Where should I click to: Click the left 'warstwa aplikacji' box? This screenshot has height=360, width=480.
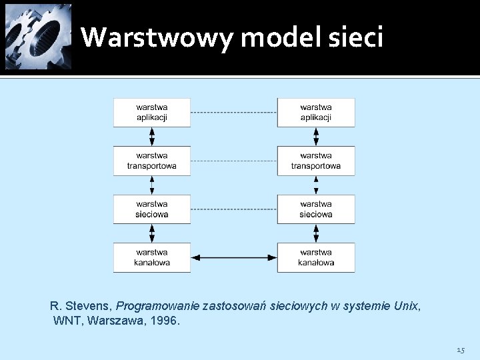(152, 112)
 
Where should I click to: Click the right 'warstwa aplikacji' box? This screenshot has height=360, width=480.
(316, 112)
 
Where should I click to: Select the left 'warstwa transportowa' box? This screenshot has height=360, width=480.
(152, 161)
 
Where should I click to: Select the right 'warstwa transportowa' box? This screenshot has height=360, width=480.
(316, 161)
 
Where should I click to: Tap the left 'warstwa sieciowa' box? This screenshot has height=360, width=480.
(152, 209)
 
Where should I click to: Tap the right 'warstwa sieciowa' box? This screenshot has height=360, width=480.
(316, 209)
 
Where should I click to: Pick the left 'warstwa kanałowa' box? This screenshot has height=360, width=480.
(152, 257)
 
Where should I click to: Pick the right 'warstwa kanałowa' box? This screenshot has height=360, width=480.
(316, 257)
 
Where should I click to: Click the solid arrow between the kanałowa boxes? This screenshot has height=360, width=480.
(234, 257)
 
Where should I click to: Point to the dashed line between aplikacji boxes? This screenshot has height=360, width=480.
(234, 112)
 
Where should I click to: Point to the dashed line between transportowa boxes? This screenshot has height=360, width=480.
(234, 161)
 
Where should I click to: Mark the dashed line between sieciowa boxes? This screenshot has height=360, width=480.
(234, 209)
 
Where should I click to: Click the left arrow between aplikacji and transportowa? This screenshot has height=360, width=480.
(152, 137)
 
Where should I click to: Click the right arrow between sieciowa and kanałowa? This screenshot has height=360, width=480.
(316, 233)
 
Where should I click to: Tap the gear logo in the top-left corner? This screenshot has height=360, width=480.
(38, 37)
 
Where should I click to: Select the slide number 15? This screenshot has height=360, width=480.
(461, 350)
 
